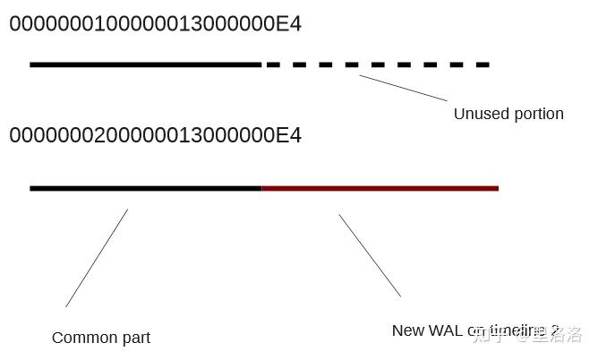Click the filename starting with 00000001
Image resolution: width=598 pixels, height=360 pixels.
click(155, 24)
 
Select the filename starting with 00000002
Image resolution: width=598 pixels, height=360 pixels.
click(155, 135)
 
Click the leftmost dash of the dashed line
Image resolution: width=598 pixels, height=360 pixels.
click(273, 64)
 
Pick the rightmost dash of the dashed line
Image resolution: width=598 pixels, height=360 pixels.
click(483, 64)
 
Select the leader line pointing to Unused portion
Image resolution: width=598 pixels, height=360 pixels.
click(403, 88)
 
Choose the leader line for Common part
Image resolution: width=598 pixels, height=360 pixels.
click(97, 258)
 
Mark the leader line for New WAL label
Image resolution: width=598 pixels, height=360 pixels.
click(370, 254)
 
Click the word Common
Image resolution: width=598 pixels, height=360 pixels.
click(83, 338)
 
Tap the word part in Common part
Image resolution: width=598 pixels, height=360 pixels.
click(134, 339)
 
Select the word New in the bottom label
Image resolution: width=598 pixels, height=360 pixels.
click(408, 330)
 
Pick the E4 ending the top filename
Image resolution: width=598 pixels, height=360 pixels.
click(288, 24)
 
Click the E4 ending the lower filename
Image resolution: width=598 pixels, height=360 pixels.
click(288, 135)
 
